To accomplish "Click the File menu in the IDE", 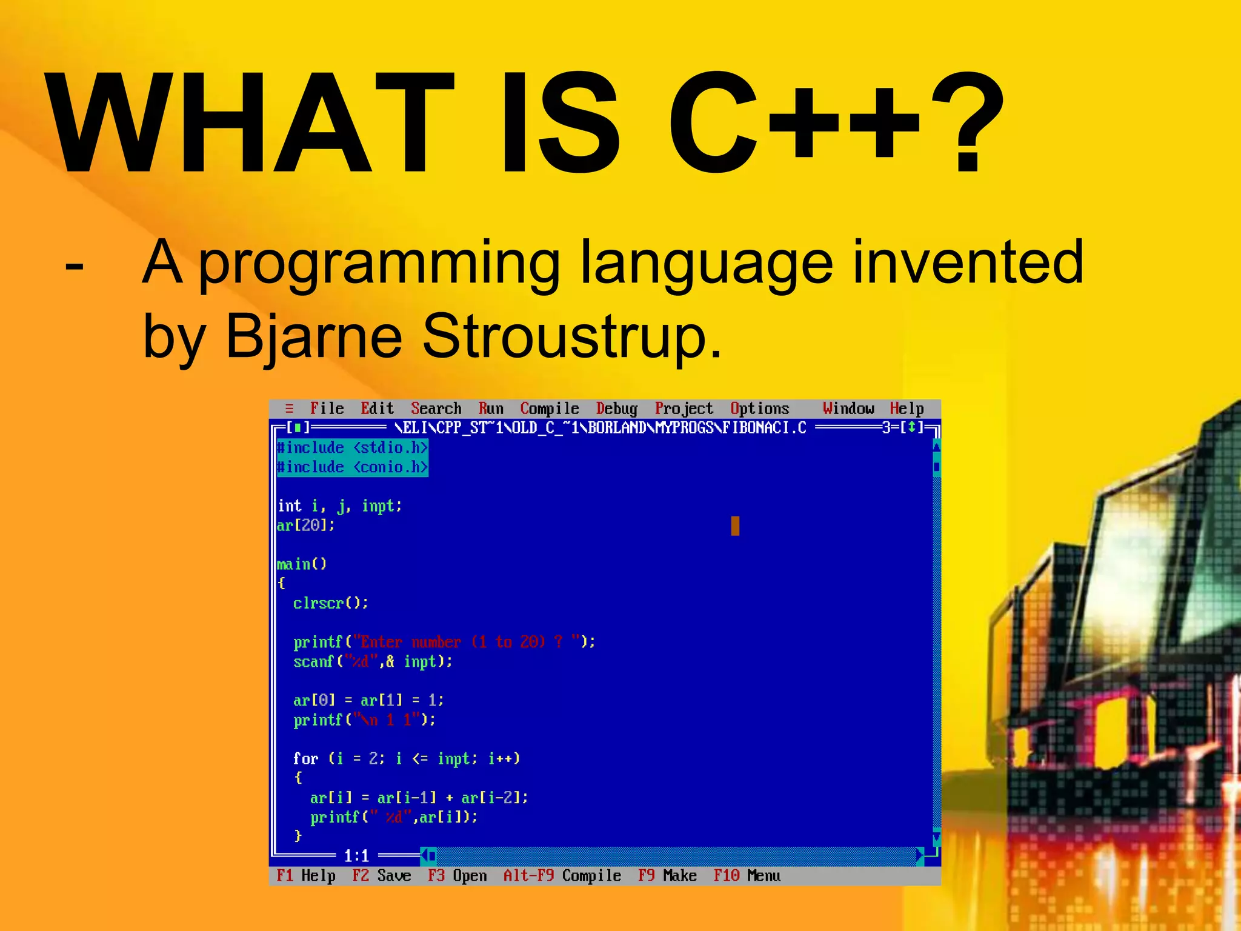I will [327, 409].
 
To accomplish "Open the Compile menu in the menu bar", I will [549, 409].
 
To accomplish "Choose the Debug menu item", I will [616, 409].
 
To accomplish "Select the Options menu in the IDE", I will [759, 409].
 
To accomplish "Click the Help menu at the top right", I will [907, 409].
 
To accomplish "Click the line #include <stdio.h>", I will [352, 448].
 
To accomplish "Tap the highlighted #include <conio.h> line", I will [352, 467].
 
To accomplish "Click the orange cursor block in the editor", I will [735, 526].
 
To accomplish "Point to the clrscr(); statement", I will [330, 603].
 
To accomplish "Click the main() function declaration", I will [302, 564].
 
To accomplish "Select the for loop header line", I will [406, 759].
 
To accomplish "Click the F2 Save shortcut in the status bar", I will [381, 876].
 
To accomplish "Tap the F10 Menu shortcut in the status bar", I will [747, 876].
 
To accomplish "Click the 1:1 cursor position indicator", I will [356, 856].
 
